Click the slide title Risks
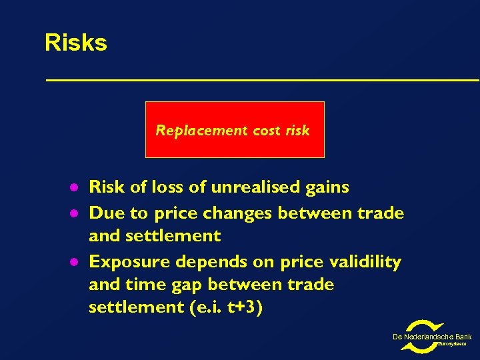point(75,43)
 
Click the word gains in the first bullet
point(327,187)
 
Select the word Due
point(104,213)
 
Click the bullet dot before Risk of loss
point(76,188)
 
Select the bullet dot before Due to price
point(76,214)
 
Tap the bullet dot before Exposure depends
point(76,263)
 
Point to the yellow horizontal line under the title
point(262,80)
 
